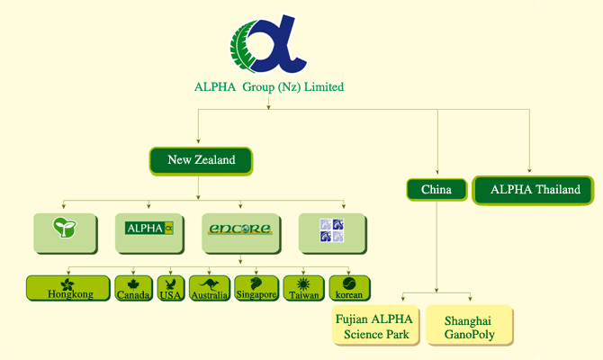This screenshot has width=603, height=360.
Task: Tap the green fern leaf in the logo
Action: click(x=242, y=46)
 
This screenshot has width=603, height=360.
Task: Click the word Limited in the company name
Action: click(x=324, y=87)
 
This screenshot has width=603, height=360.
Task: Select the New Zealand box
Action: click(x=201, y=161)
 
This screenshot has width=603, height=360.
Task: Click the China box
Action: click(x=436, y=190)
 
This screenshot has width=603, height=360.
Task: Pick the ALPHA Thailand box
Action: click(x=533, y=190)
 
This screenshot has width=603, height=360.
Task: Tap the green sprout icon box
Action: click(x=65, y=233)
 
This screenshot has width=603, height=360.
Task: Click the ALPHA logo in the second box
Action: click(x=149, y=228)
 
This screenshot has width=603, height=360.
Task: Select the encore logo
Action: click(x=240, y=229)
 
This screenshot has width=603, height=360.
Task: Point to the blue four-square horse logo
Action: click(x=332, y=230)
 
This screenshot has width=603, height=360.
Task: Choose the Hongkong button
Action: click(x=68, y=288)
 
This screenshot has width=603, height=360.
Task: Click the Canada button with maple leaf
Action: click(x=133, y=288)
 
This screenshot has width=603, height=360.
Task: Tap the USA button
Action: click(x=171, y=288)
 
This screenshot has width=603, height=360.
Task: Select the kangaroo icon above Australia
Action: click(x=209, y=284)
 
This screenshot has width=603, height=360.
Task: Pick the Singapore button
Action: click(x=256, y=288)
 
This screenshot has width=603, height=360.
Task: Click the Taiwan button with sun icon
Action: click(x=304, y=288)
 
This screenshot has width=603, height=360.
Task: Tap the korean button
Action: click(x=349, y=288)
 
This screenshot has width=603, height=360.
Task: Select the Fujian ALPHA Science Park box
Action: click(x=375, y=326)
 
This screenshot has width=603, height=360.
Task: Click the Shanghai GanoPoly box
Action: click(x=470, y=326)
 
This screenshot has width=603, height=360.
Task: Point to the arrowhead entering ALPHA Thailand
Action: click(x=529, y=170)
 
